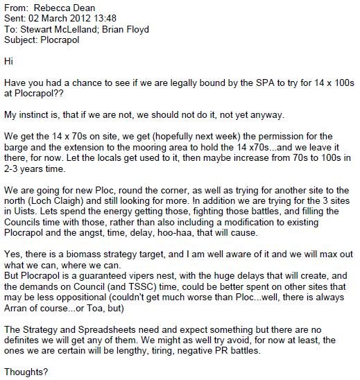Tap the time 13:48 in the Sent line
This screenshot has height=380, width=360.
(105, 17)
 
